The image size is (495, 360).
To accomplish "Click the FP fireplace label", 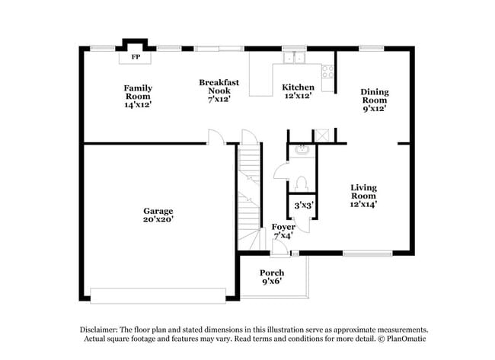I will pyautogui.click(x=136, y=57).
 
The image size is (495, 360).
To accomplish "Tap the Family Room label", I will pyautogui.click(x=138, y=96).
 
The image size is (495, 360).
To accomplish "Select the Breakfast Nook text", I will pyautogui.click(x=219, y=90).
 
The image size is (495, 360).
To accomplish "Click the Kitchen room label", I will pyautogui.click(x=298, y=91).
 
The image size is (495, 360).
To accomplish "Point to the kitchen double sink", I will pyautogui.click(x=294, y=57).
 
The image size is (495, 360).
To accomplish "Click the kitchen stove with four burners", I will pyautogui.click(x=328, y=72).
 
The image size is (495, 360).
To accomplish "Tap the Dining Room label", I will pyautogui.click(x=374, y=100).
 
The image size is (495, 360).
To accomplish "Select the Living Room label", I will pyautogui.click(x=363, y=195).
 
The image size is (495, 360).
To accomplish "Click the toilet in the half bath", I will pyautogui.click(x=301, y=183).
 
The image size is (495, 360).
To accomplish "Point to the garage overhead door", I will pyautogui.click(x=158, y=295).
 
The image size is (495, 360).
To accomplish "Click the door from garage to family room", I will pyautogui.click(x=216, y=136).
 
